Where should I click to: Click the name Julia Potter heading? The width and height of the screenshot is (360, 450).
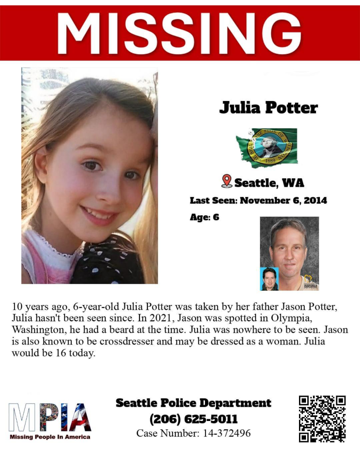268,107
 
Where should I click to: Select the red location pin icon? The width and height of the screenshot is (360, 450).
227,181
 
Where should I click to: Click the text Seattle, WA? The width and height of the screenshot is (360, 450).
269,182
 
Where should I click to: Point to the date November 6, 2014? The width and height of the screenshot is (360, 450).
284,200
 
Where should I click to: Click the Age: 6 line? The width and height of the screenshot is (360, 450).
204,217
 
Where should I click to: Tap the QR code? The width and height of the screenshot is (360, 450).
322,419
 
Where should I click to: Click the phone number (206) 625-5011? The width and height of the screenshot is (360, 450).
194,419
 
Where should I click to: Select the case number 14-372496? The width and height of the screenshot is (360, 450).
227,433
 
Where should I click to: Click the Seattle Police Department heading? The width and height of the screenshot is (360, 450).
194,403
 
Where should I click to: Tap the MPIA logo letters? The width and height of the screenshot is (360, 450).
50,417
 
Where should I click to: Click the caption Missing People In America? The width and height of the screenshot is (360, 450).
50,437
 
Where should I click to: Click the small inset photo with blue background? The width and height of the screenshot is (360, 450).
269,279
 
